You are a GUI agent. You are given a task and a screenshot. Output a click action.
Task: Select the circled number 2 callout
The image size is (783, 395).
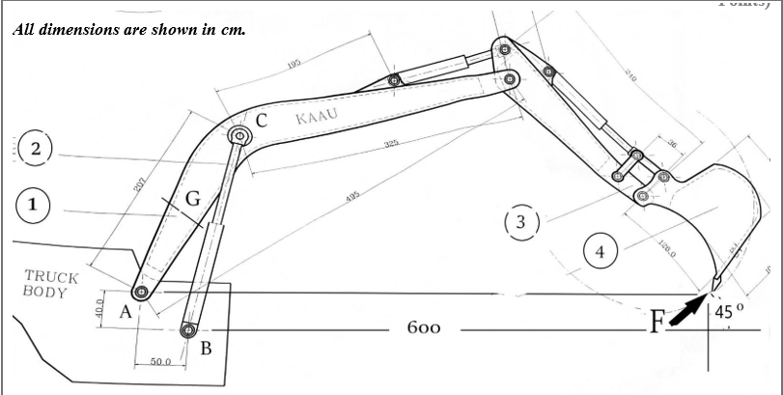(34, 149)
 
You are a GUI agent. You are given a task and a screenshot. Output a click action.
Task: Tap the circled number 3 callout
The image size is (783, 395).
(521, 222)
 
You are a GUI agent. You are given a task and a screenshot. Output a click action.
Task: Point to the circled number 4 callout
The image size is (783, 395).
(600, 252)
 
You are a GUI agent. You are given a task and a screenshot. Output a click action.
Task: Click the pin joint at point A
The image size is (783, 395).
(141, 292)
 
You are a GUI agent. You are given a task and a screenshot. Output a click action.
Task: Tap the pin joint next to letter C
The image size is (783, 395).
(237, 137)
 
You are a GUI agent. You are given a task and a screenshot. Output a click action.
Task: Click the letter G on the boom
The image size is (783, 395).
(192, 200)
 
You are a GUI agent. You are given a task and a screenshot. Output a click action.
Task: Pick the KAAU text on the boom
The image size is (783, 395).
(316, 119)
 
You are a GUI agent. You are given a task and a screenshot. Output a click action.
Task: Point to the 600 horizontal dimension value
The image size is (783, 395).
(425, 328)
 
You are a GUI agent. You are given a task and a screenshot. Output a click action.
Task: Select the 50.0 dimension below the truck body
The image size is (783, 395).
(160, 361)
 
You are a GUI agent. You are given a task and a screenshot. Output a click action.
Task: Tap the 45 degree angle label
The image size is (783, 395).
(729, 311)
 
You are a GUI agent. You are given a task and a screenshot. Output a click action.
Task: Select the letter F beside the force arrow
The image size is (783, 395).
(657, 322)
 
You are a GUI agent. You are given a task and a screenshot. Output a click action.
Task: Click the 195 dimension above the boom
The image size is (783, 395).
(294, 65)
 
